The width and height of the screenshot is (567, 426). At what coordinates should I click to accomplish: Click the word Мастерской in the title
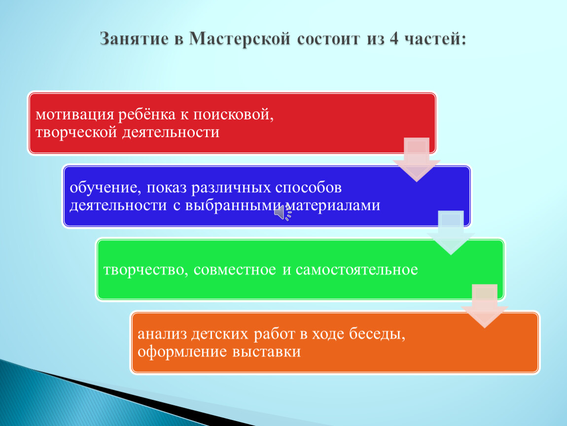pyautogui.click(x=240, y=38)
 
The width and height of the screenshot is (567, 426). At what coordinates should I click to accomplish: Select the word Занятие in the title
pyautogui.click(x=134, y=38)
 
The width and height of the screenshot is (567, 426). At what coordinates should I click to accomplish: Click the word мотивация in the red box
pyautogui.click(x=74, y=115)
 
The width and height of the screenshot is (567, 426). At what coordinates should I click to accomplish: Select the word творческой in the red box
pyautogui.click(x=76, y=132)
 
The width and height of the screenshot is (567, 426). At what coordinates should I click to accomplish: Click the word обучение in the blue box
pyautogui.click(x=103, y=187)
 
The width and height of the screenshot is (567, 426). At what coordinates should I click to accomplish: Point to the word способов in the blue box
pyautogui.click(x=309, y=187)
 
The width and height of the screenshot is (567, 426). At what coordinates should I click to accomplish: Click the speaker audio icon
pyautogui.click(x=283, y=213)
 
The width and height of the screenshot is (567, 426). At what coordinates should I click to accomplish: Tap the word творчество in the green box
pyautogui.click(x=143, y=270)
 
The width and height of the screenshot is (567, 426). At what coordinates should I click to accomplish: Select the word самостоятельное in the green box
pyautogui.click(x=357, y=270)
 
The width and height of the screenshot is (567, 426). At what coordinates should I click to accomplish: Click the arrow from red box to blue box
pyautogui.click(x=417, y=159)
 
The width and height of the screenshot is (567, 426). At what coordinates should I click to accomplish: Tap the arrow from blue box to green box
pyautogui.click(x=451, y=233)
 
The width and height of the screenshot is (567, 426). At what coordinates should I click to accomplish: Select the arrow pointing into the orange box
pyautogui.click(x=485, y=306)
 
